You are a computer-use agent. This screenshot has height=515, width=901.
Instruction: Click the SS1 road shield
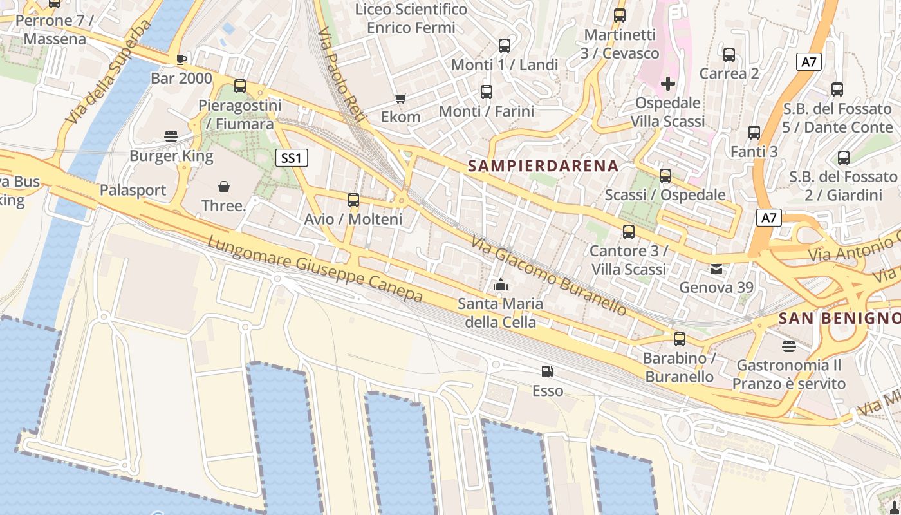[x=292, y=158]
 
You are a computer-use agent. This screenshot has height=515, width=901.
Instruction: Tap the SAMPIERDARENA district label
[x=543, y=166]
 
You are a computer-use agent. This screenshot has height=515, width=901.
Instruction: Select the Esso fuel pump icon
[x=547, y=371]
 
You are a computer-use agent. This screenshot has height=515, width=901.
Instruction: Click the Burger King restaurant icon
[x=171, y=136]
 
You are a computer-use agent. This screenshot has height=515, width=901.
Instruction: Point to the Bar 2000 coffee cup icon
[x=181, y=59]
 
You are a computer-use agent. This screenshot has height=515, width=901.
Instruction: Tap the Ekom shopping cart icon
[x=401, y=98]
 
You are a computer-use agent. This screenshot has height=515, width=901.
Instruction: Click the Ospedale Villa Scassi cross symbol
[x=668, y=83]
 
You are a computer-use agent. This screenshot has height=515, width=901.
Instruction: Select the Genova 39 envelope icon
[x=716, y=268]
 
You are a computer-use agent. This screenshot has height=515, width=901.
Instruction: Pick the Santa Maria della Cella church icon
[x=500, y=284]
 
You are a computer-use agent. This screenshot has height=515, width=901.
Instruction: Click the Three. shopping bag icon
[x=224, y=187]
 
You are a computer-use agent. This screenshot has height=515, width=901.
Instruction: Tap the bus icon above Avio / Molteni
[x=353, y=200]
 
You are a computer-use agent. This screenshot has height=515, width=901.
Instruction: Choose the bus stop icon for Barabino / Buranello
[x=680, y=339]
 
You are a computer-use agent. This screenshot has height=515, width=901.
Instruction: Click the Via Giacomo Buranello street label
[x=548, y=276]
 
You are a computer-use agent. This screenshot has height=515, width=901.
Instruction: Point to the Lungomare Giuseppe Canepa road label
[x=315, y=269]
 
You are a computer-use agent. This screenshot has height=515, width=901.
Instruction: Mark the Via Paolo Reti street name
[x=341, y=75]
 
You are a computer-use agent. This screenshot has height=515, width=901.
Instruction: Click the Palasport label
[x=133, y=191]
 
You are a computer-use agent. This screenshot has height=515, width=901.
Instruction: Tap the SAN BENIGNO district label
[x=839, y=318]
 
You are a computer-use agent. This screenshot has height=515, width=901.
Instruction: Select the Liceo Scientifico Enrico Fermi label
[x=411, y=19]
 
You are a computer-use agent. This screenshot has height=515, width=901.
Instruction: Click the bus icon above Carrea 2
[x=729, y=55]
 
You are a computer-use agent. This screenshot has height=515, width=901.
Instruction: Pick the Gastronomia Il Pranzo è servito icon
[x=789, y=346]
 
